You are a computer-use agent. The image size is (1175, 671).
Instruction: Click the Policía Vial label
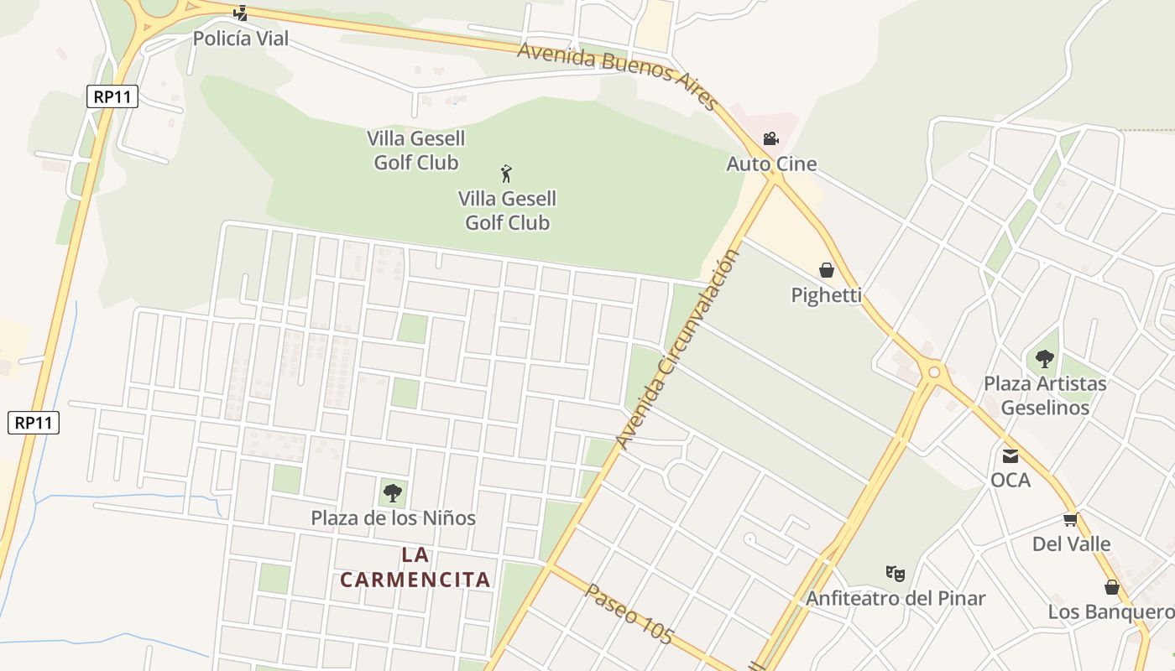click(241, 39)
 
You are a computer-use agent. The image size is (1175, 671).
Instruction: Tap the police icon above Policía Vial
click(241, 13)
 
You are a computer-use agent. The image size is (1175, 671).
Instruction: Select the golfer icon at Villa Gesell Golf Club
click(506, 174)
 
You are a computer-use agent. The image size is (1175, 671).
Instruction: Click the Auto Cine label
click(771, 164)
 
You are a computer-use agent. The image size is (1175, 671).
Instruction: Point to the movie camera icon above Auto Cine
click(770, 138)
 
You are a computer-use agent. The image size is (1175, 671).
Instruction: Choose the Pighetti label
click(827, 295)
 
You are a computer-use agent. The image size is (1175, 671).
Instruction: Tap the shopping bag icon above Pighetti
click(827, 270)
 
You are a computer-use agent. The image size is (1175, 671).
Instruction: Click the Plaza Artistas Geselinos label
click(1045, 396)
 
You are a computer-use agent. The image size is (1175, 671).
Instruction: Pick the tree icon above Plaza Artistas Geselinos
click(1045, 359)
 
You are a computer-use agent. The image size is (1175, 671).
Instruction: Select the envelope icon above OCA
click(1010, 455)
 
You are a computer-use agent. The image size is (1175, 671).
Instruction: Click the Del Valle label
click(1071, 544)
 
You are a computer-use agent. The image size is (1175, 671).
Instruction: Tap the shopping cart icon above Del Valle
click(1070, 520)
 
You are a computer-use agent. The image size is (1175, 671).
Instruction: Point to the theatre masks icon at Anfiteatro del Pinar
click(896, 574)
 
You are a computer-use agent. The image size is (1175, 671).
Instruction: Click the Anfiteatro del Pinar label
click(896, 599)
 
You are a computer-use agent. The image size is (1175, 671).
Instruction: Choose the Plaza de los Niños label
click(393, 518)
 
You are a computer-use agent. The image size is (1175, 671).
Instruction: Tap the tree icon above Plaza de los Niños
click(392, 493)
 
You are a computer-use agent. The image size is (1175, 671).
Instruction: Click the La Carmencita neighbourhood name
click(415, 567)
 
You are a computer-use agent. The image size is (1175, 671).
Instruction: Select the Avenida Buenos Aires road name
click(618, 75)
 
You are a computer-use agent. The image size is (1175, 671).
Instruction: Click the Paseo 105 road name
click(629, 615)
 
